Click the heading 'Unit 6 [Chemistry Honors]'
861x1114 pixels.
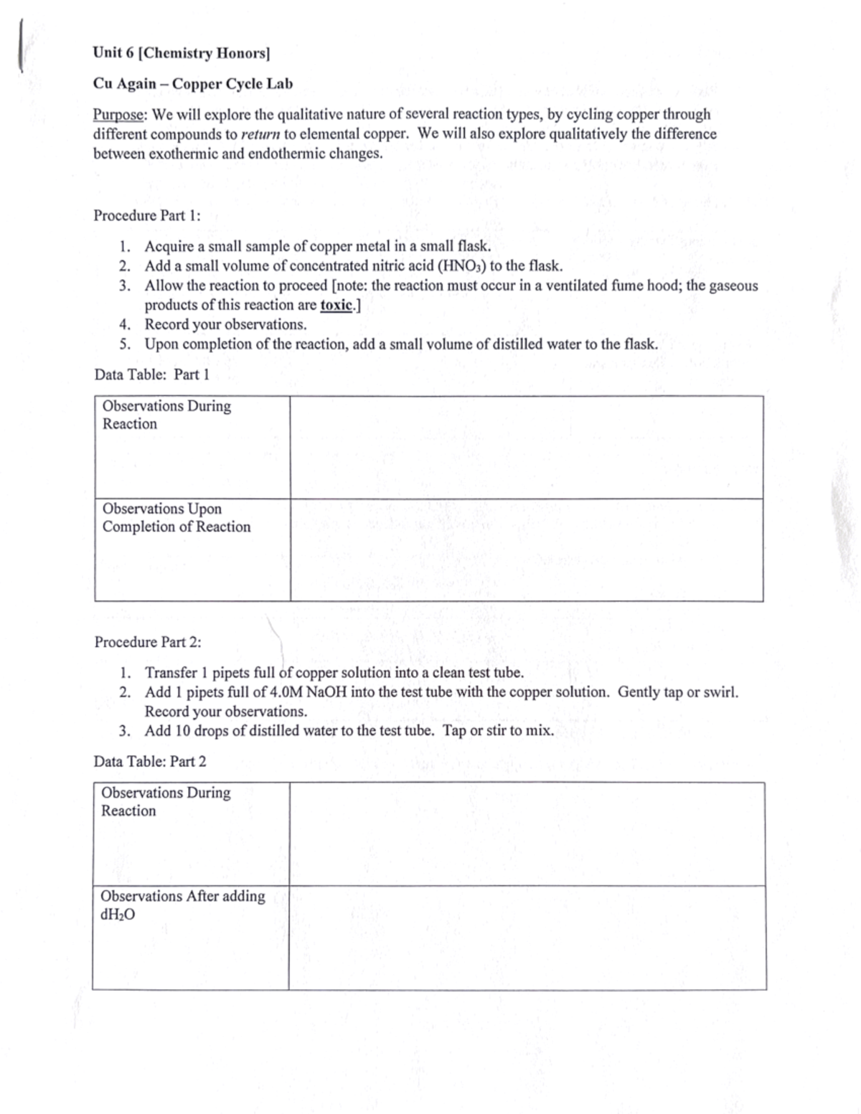(181, 53)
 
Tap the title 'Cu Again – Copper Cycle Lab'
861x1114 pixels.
(193, 84)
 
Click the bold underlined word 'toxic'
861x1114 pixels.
(337, 305)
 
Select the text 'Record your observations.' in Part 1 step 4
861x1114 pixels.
(225, 324)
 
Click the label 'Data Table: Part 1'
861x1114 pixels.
(151, 374)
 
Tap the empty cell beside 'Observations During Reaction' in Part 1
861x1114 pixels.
(526, 447)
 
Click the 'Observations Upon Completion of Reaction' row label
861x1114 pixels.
(177, 518)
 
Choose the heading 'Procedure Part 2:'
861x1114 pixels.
(148, 642)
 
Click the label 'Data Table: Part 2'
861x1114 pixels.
(150, 761)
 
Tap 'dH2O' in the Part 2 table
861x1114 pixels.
(118, 915)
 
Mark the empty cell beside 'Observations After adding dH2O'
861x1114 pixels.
(527, 938)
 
